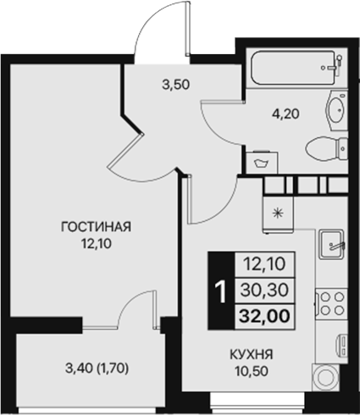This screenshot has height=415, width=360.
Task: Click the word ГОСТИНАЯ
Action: click(x=95, y=226)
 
